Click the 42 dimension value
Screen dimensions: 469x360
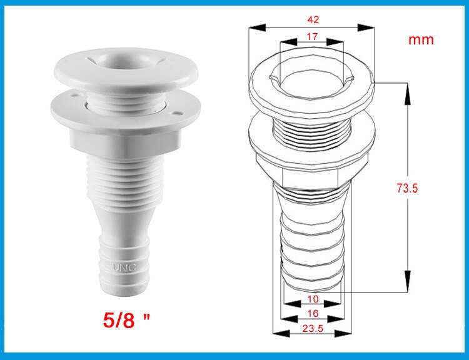pyautogui.click(x=313, y=20)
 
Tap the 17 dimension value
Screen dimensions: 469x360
pyautogui.click(x=312, y=37)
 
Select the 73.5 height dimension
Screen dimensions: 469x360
pyautogui.click(x=407, y=188)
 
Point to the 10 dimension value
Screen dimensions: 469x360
pyautogui.click(x=313, y=299)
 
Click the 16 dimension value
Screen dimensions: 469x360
pyautogui.click(x=313, y=313)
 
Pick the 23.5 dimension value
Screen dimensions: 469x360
pyautogui.click(x=313, y=329)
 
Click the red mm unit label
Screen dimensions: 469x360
pyautogui.click(x=421, y=39)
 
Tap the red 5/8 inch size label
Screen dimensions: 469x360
pyautogui.click(x=126, y=320)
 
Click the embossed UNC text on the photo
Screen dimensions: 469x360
pyautogui.click(x=124, y=267)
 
